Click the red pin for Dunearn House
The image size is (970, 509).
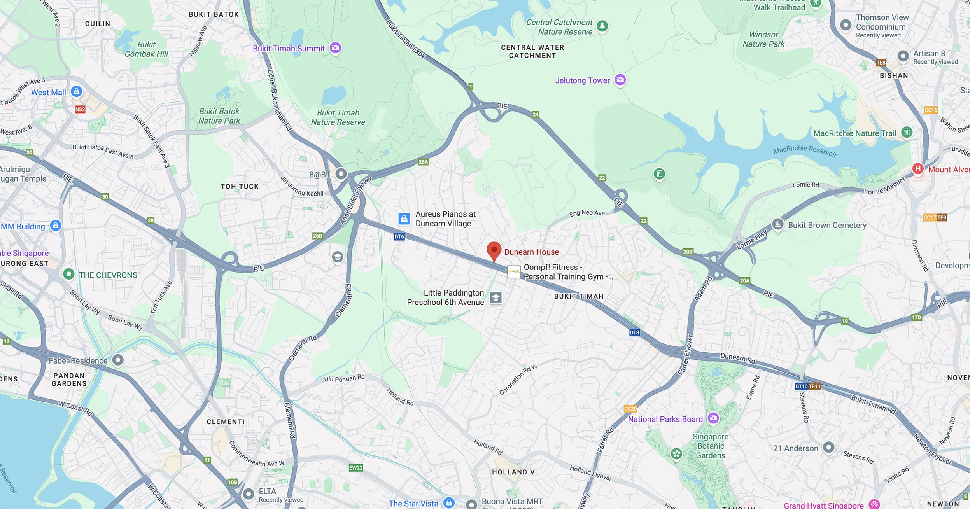[494, 250]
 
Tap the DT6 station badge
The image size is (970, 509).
[399, 236]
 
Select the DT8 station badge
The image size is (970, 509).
[634, 332]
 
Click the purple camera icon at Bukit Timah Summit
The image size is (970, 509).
[335, 48]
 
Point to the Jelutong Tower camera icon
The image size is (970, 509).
[620, 80]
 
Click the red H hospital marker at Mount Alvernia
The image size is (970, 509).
[918, 169]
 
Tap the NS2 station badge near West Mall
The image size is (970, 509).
[80, 109]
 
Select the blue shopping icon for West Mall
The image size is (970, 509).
[77, 92]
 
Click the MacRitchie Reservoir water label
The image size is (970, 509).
[805, 150]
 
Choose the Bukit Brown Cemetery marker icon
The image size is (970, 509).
[777, 224]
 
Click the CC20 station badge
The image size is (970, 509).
[630, 409]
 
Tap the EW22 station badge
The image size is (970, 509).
[355, 468]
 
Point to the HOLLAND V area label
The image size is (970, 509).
[513, 472]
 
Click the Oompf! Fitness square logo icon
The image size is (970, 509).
[514, 271]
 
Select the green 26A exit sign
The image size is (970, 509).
[423, 162]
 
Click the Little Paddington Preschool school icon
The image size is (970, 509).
[496, 298]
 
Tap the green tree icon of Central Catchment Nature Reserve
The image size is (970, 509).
[602, 26]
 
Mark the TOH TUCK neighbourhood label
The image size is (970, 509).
[240, 187]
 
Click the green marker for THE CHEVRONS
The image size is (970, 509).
[69, 274]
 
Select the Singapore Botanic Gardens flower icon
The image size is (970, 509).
[677, 453]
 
